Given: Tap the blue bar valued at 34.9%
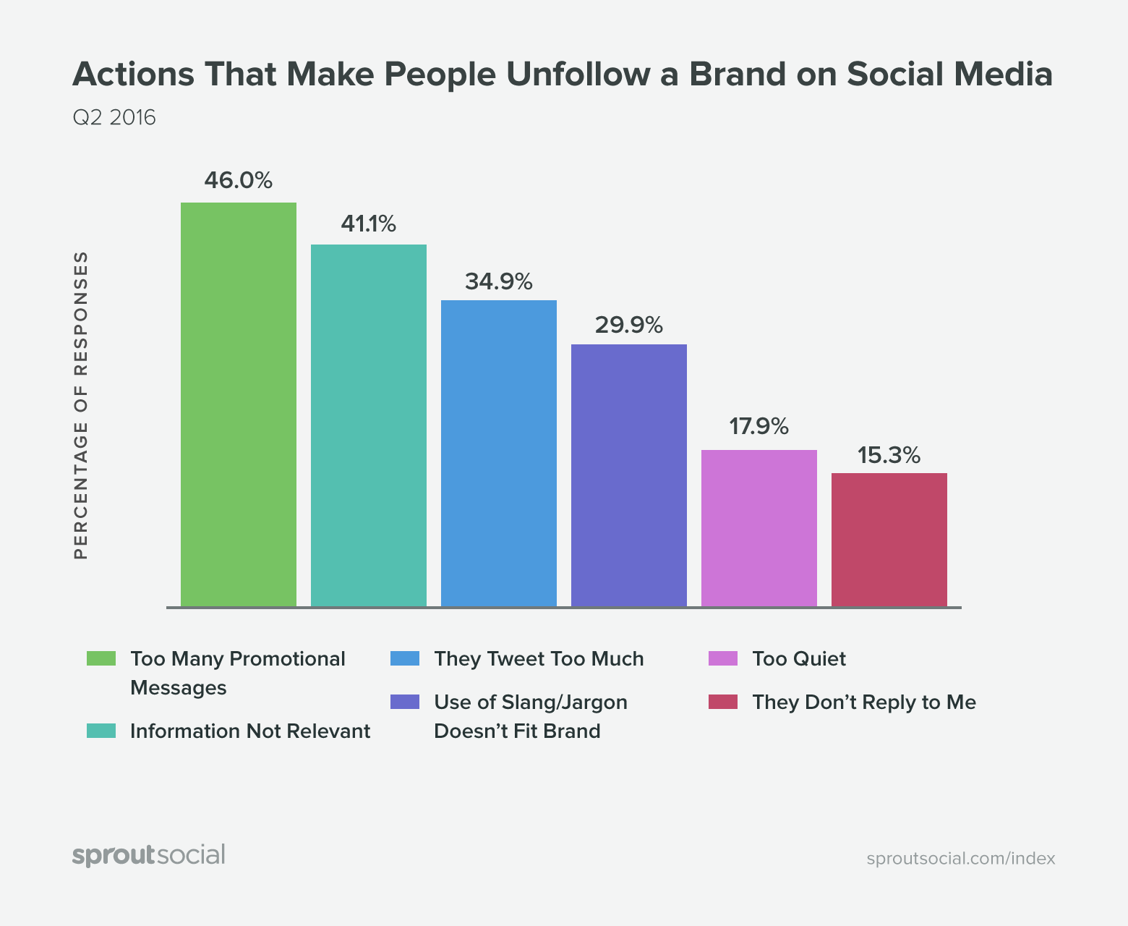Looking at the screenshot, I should tap(499, 453).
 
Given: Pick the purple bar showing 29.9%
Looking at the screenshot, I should tap(629, 475).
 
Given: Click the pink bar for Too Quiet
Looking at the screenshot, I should tap(759, 528).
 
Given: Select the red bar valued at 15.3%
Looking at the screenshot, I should tap(889, 540).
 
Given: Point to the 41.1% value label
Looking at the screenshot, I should tap(368, 224).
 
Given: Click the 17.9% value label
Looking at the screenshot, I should tap(759, 427).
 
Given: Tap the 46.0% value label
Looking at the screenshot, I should tap(238, 180).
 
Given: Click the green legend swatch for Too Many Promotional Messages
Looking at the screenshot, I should tap(101, 658).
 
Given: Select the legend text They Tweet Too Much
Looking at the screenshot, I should tap(539, 659).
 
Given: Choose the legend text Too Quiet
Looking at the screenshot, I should tap(798, 659).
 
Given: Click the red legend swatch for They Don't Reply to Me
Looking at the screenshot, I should tap(723, 702).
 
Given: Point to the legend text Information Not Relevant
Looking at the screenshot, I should tap(250, 731).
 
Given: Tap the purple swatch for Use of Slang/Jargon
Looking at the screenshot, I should tap(405, 702).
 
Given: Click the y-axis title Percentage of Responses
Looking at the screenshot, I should tap(81, 405).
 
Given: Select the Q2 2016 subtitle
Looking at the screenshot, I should tap(114, 117).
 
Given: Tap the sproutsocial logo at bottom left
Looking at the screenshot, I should tap(149, 855).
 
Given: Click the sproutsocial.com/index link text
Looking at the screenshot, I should tap(960, 859).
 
